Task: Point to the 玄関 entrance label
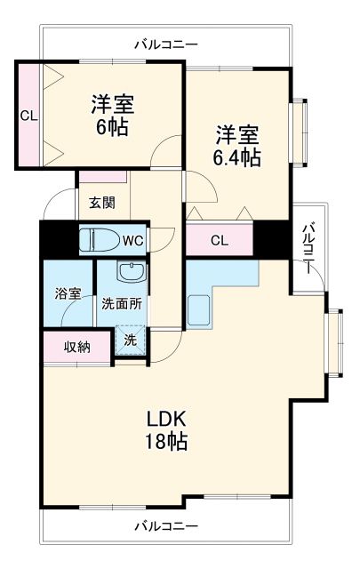point(101,203)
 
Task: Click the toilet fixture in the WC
point(96,239)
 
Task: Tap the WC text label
point(132,240)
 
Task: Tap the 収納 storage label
point(76,347)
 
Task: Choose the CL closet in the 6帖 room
point(28,116)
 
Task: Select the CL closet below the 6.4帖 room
point(219,240)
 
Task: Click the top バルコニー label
point(166,44)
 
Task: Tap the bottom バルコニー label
point(166,526)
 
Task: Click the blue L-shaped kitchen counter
point(213,293)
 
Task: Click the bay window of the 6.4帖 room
point(302,130)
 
